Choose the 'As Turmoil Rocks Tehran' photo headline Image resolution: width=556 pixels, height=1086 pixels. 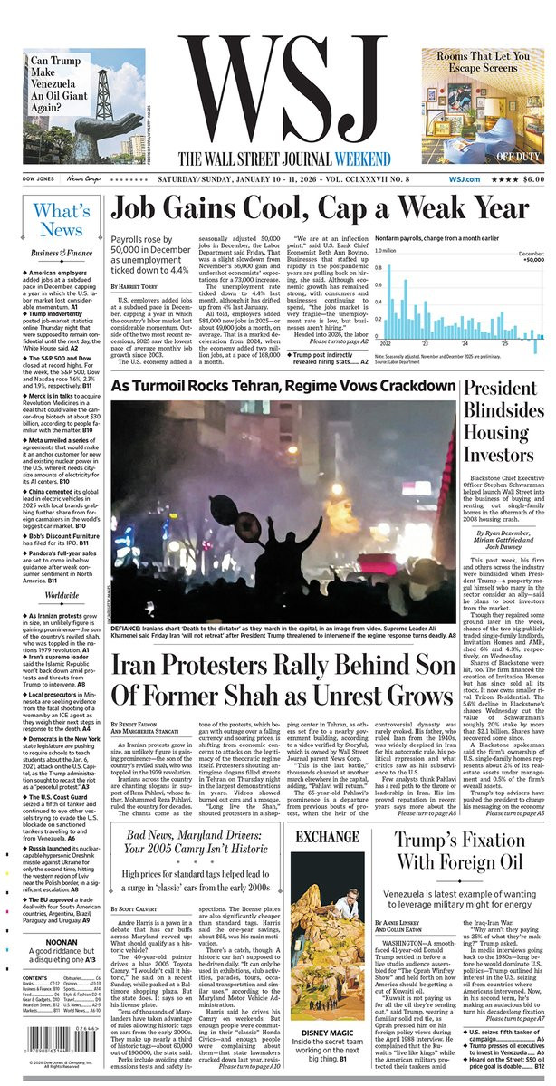[282, 386]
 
